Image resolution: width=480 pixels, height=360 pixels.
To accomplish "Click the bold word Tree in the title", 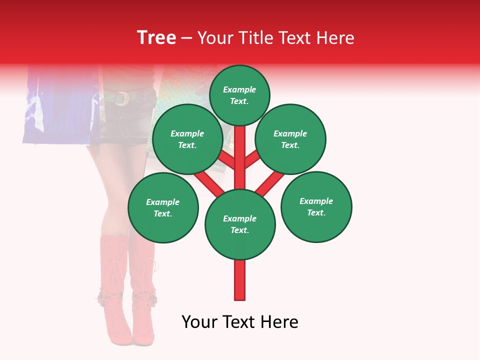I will coord(156,37).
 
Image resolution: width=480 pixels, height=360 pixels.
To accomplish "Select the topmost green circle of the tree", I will coord(239,95).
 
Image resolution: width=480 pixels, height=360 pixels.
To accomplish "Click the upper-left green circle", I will coord(187,139).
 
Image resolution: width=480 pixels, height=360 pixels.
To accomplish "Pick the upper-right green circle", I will coord(290,139).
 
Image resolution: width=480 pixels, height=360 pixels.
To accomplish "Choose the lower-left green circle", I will coord(162,207).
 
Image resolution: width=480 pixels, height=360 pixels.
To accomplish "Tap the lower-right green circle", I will coord(316,206).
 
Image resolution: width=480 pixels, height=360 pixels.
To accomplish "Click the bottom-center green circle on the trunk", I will coord(240,224).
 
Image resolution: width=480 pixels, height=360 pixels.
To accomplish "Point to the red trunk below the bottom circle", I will coord(240,280).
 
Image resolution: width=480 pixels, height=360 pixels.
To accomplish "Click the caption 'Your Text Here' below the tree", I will coord(240,322).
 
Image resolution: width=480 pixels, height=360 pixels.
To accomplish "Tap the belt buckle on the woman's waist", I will coord(121,98).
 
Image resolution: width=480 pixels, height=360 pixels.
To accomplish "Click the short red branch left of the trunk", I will coord(227,160).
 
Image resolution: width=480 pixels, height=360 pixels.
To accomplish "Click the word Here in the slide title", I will coord(335,38).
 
